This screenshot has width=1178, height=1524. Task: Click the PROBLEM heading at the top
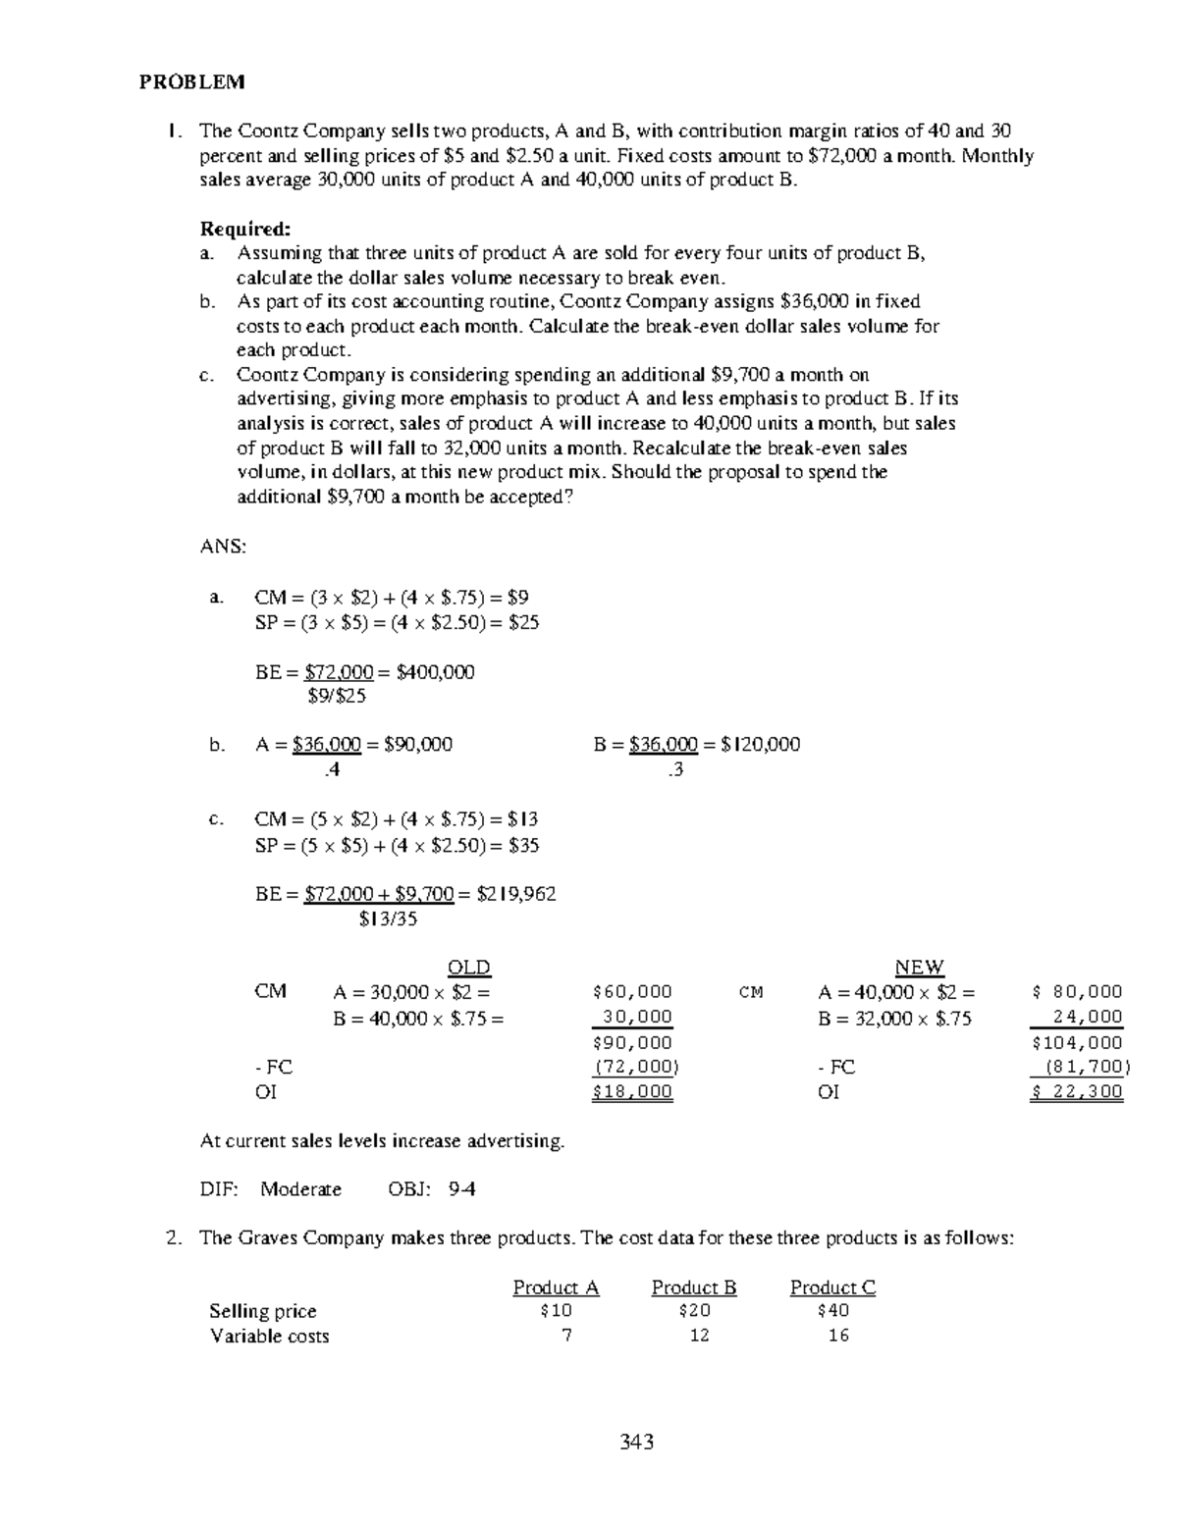[x=191, y=82]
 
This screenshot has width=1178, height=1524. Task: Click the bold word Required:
[x=244, y=230]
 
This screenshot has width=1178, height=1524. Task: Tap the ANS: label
[x=223, y=546]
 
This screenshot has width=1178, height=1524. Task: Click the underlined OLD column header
[x=468, y=968]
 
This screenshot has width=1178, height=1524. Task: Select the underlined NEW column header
[x=919, y=968]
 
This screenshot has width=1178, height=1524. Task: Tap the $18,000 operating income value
[x=633, y=1092]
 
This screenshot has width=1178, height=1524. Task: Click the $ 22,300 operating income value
[x=1077, y=1092]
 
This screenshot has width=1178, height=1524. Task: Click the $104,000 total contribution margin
[x=1077, y=1042]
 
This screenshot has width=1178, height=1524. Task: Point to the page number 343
[x=636, y=1442]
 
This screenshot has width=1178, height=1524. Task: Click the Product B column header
[x=694, y=1288]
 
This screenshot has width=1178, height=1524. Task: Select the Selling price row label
[x=263, y=1311]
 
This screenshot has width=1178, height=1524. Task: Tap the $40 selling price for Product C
[x=832, y=1311]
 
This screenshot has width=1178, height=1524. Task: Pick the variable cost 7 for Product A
[x=566, y=1336]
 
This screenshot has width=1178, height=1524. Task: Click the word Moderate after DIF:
[x=300, y=1189]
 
